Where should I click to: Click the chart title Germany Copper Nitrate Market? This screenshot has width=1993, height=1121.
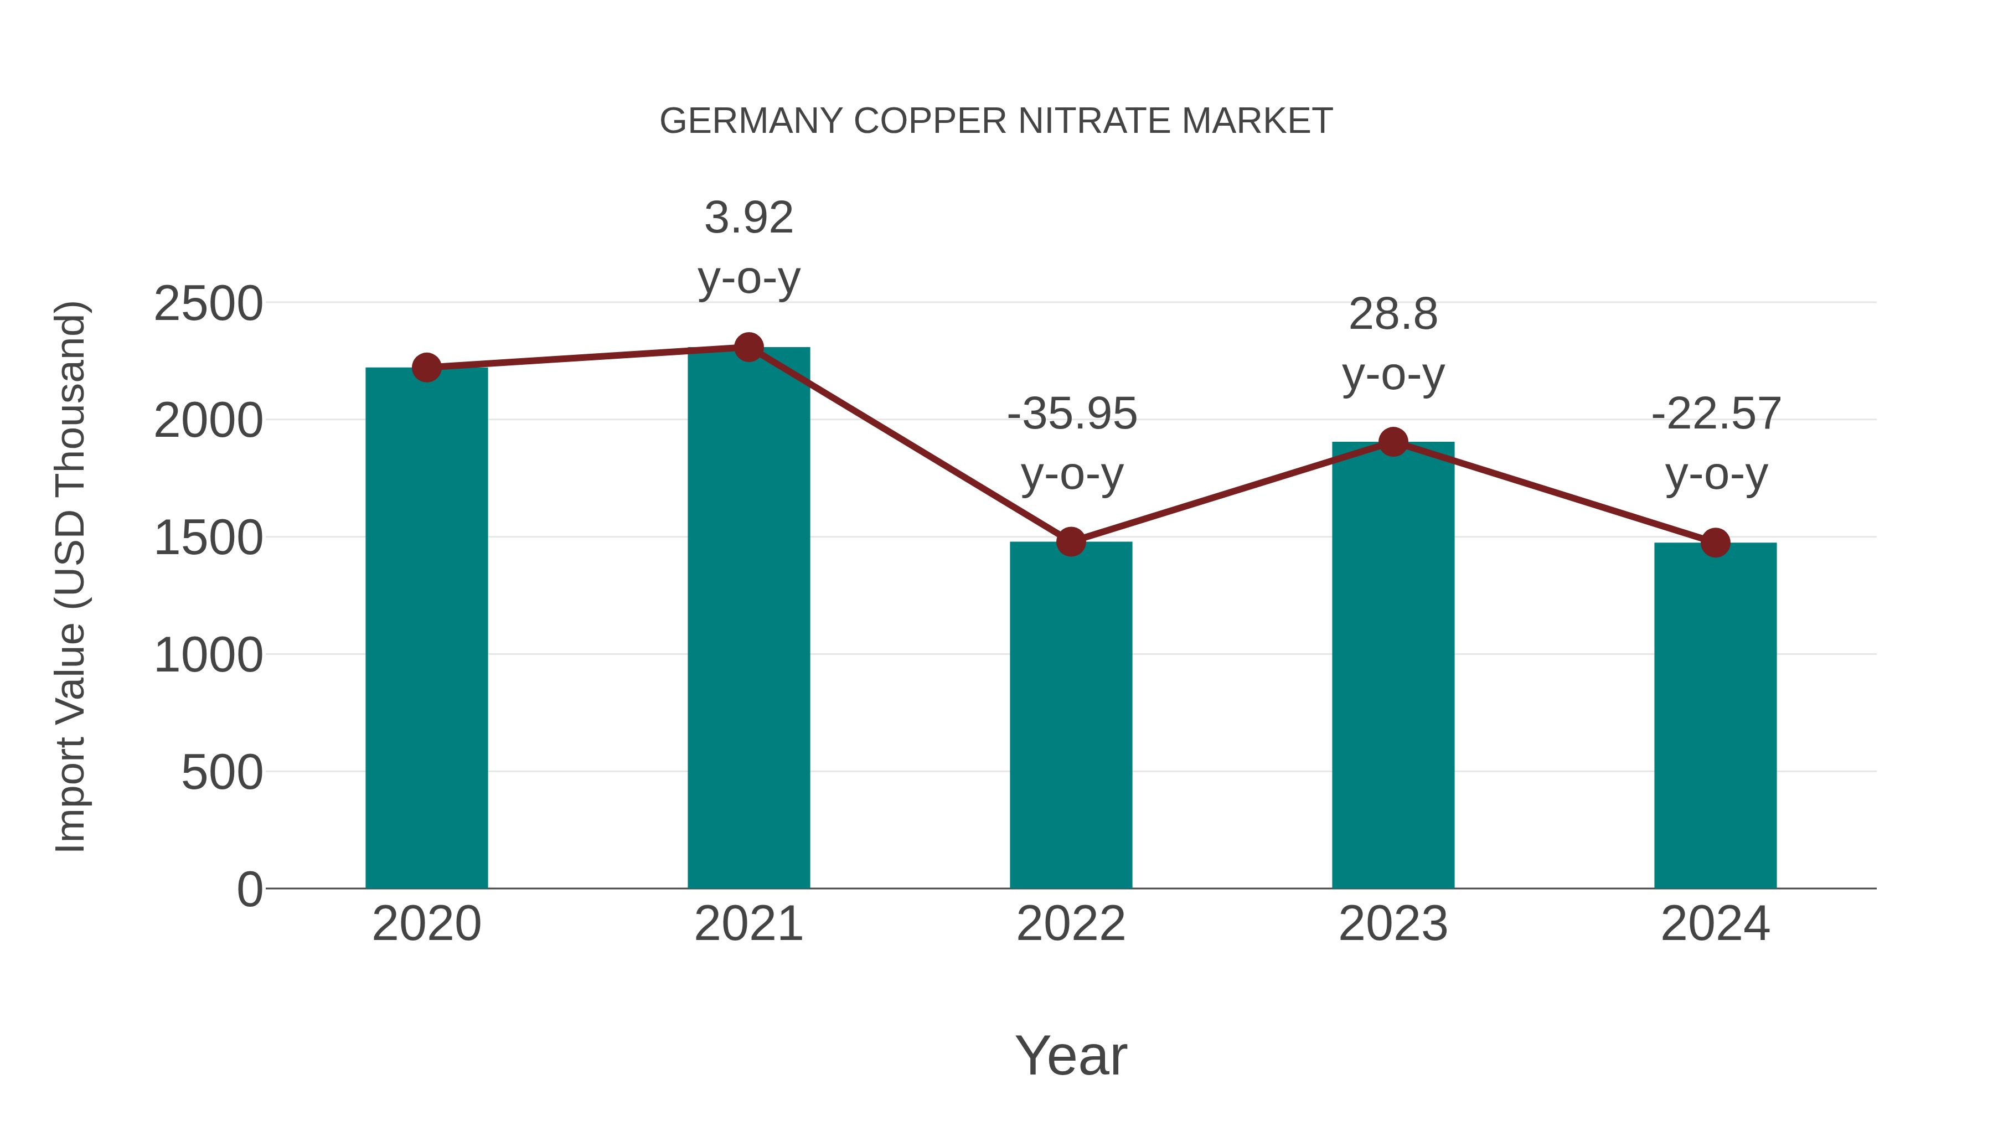pos(996,121)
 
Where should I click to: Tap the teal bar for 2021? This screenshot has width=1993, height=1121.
pos(748,618)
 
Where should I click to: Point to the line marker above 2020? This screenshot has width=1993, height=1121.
pos(426,368)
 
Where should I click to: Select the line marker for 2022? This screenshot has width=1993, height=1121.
pos(1071,541)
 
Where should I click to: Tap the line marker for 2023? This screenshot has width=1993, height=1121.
pos(1393,442)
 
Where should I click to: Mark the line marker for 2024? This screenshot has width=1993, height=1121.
pos(1715,543)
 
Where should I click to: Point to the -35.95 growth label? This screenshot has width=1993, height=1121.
pos(1072,443)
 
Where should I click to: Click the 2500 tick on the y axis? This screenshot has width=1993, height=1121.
pos(208,304)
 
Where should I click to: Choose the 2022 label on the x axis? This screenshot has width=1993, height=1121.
pos(1071,924)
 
